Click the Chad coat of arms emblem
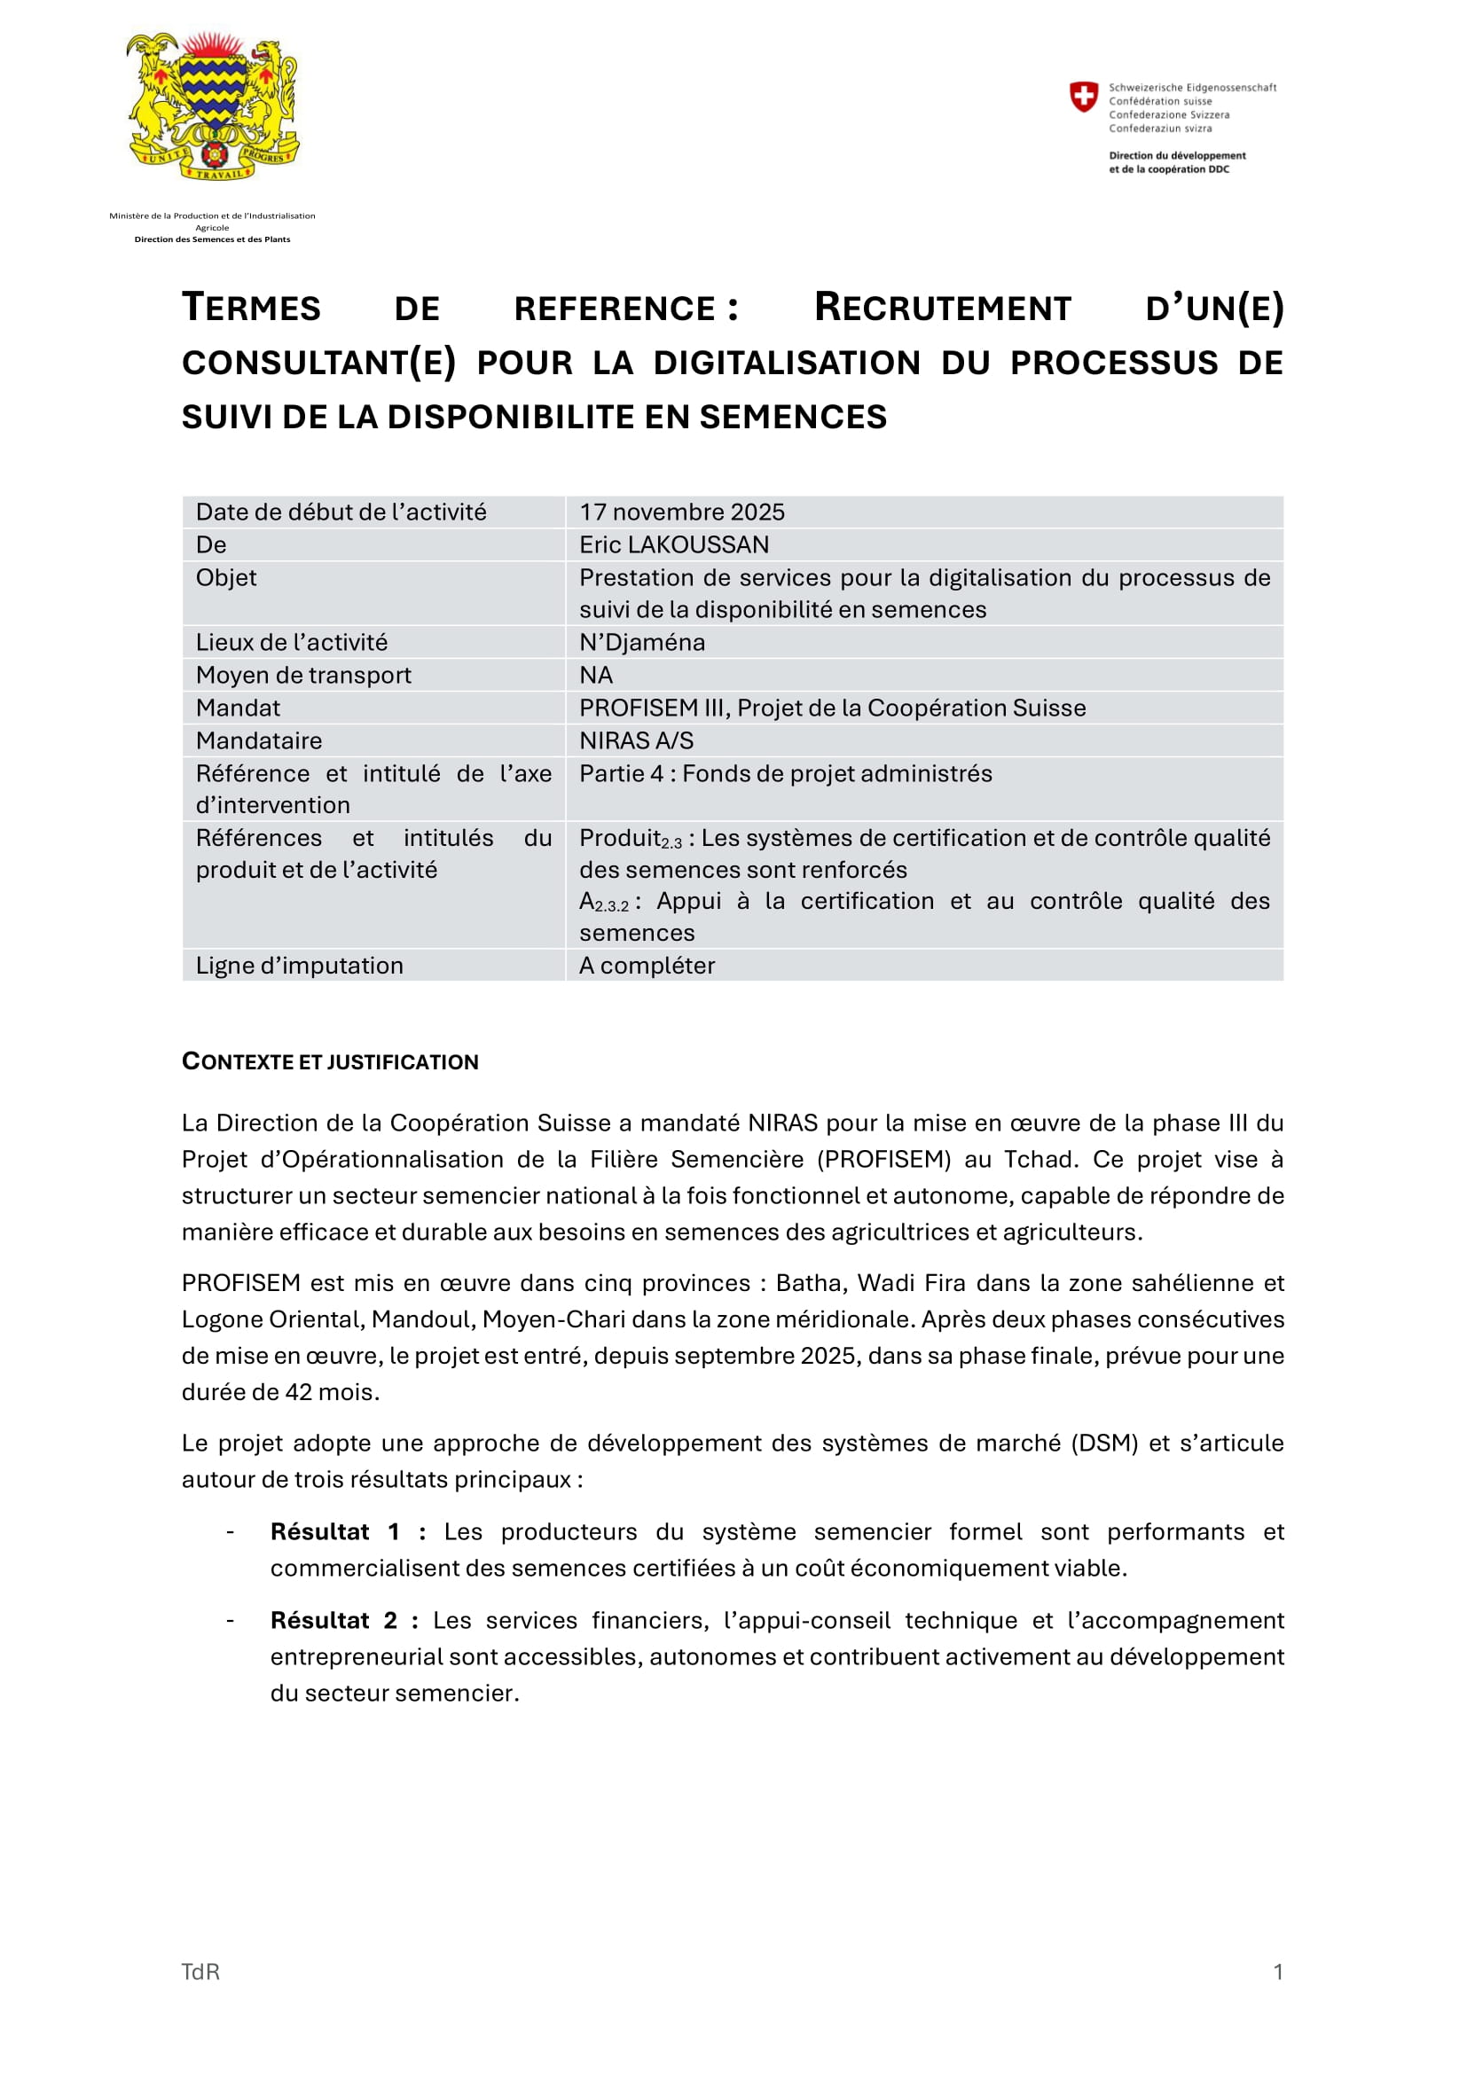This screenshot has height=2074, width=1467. (x=212, y=106)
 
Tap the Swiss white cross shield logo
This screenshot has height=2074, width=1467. (x=1083, y=96)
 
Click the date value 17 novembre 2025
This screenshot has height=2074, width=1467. (x=681, y=513)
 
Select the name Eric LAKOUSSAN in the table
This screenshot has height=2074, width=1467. (x=674, y=544)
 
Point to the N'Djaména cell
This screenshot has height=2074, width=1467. (x=641, y=642)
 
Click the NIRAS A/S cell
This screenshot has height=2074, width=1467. (x=636, y=740)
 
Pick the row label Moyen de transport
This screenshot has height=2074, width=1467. (x=302, y=675)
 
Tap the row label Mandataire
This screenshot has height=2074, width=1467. (x=258, y=740)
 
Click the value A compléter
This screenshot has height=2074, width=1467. (x=646, y=966)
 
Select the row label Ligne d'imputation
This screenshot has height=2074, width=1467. (x=299, y=966)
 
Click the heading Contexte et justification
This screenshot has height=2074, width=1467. (x=330, y=1061)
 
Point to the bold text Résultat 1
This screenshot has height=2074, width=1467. (x=334, y=1532)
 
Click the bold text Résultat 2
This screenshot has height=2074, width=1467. (x=333, y=1621)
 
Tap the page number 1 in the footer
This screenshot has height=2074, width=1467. (x=1277, y=1972)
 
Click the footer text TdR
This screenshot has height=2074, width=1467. (x=200, y=1972)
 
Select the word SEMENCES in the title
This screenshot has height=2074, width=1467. (x=792, y=417)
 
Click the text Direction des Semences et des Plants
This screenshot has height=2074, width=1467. (x=212, y=239)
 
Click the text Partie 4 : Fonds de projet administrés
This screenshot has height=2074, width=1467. (x=785, y=773)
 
